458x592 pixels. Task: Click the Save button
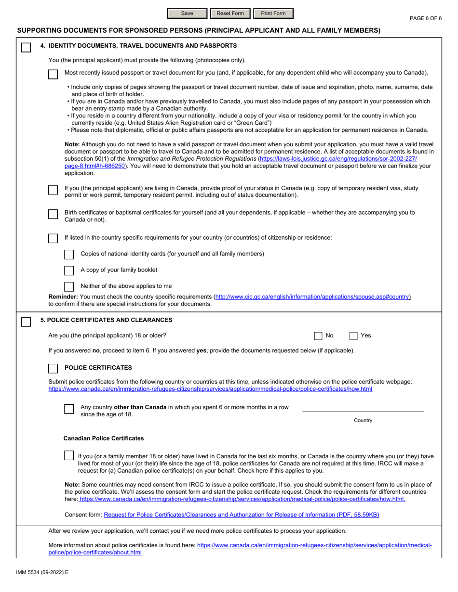tap(187, 13)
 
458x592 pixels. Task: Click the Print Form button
tap(273, 13)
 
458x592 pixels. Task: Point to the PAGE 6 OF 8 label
tap(425, 18)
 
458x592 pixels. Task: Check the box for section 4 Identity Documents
tap(26, 47)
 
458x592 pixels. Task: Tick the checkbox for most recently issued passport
tap(54, 74)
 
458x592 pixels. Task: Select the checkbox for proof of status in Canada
tap(54, 190)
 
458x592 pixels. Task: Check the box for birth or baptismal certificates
tap(54, 214)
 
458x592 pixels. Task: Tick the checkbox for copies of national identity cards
tap(69, 254)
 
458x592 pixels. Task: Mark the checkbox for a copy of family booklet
tap(69, 270)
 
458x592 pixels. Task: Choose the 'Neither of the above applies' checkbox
tap(69, 286)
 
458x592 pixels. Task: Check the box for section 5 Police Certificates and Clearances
tap(26, 321)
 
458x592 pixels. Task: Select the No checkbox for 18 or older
tap(319, 336)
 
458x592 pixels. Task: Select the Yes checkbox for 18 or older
tap(353, 336)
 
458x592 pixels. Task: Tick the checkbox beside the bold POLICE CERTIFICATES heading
tap(54, 368)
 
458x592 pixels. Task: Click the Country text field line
tap(363, 408)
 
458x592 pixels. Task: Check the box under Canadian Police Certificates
tap(69, 455)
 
